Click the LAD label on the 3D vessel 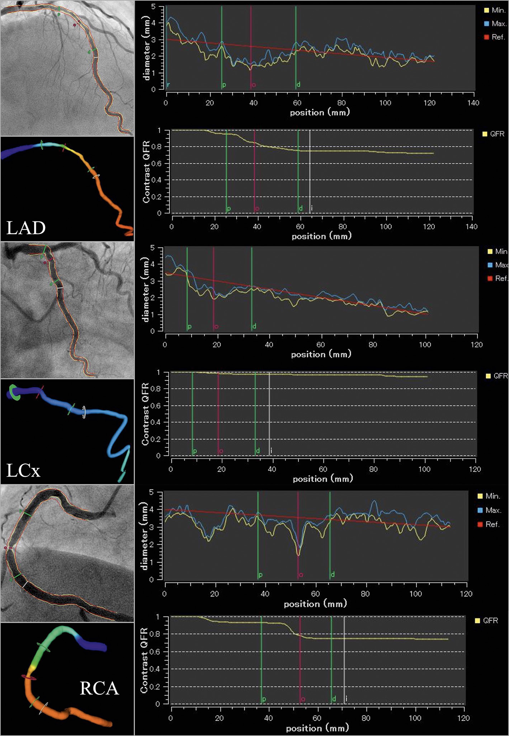click(x=26, y=228)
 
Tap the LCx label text click(x=23, y=470)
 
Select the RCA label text click(x=99, y=688)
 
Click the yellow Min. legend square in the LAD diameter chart click(x=486, y=10)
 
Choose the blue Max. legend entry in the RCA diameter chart click(x=489, y=510)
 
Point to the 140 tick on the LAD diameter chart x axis click(x=473, y=103)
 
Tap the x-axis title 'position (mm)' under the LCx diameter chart click(x=321, y=355)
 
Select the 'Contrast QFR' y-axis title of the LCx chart click(x=145, y=414)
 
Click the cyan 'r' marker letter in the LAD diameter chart click(x=168, y=85)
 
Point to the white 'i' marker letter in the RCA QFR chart click(x=346, y=698)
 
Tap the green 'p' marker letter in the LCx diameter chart click(x=190, y=327)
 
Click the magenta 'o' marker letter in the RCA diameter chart click(x=301, y=575)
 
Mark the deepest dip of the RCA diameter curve click(x=298, y=555)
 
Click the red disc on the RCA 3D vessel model click(x=28, y=677)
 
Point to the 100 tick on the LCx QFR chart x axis click(x=424, y=469)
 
